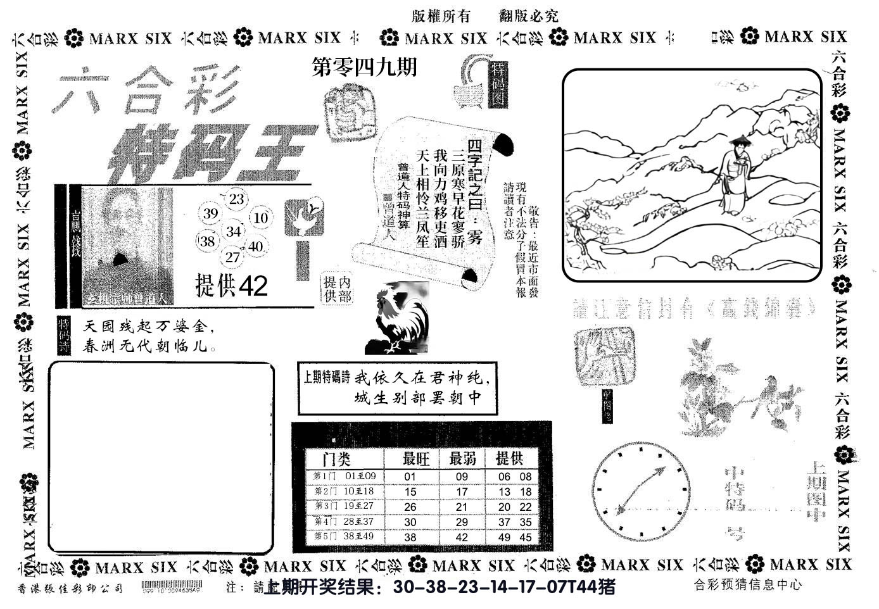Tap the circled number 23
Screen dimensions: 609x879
pyautogui.click(x=236, y=199)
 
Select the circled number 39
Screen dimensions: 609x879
pyautogui.click(x=210, y=213)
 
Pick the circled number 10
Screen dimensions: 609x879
pyautogui.click(x=260, y=218)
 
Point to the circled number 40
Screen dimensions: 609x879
pyautogui.click(x=255, y=246)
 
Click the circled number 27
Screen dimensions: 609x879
pyautogui.click(x=233, y=256)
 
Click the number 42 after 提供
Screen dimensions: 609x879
pyautogui.click(x=253, y=287)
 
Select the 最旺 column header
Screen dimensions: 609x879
pyautogui.click(x=416, y=458)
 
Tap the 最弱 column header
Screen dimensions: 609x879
pyautogui.click(x=462, y=458)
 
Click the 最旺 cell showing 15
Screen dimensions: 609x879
pyautogui.click(x=410, y=491)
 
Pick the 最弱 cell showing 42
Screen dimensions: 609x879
pyautogui.click(x=462, y=537)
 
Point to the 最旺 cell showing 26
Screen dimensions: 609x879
pyautogui.click(x=410, y=506)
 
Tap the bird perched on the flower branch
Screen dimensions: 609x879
pyautogui.click(x=771, y=387)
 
